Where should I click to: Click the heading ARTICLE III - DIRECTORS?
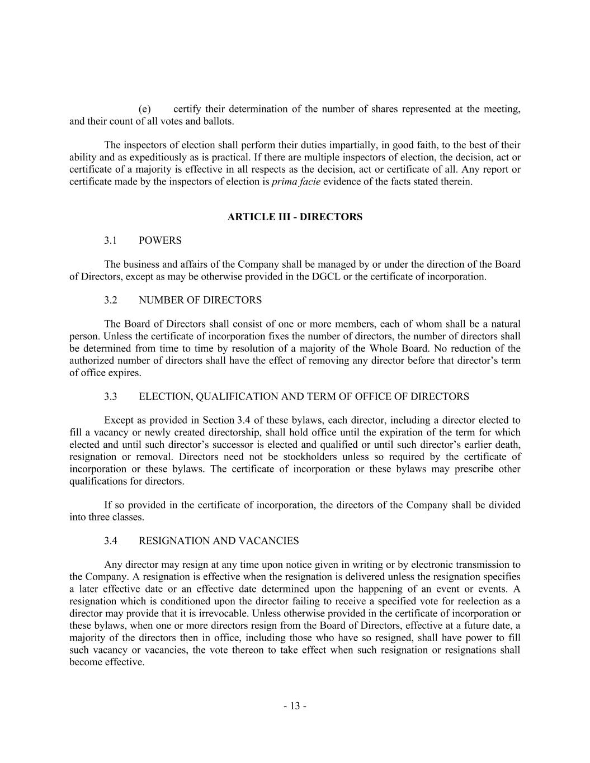click(295, 217)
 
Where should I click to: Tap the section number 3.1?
click(110, 241)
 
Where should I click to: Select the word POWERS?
click(160, 241)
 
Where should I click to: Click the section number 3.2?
click(110, 301)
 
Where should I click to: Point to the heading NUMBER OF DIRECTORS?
click(200, 301)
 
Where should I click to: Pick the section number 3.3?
click(110, 397)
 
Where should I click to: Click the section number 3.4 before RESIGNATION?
click(110, 541)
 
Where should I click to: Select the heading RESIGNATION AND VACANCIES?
click(219, 541)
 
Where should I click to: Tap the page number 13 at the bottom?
click(295, 707)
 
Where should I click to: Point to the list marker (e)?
click(145, 109)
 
